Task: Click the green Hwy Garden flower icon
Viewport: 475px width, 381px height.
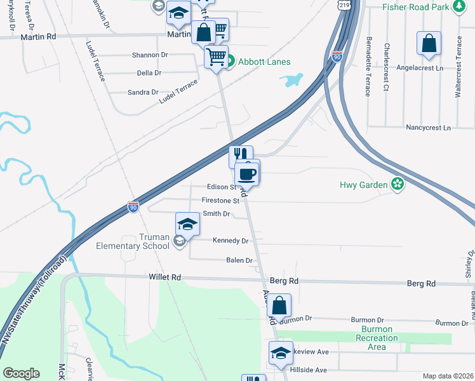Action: [398, 185]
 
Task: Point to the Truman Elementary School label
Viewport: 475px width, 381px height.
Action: [133, 241]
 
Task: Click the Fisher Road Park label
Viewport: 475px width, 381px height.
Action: [416, 7]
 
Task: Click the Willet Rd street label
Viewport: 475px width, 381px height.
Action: [165, 277]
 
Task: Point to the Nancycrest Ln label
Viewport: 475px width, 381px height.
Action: [428, 128]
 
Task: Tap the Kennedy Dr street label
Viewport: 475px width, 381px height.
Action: [231, 241]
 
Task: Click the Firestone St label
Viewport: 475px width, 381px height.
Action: [220, 200]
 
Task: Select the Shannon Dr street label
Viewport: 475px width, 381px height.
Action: [149, 55]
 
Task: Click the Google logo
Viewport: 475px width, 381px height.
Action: [21, 373]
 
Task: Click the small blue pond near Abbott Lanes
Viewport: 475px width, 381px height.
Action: [291, 80]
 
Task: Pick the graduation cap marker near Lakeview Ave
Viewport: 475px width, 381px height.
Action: [280, 354]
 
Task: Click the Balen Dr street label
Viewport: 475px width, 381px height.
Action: [239, 260]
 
